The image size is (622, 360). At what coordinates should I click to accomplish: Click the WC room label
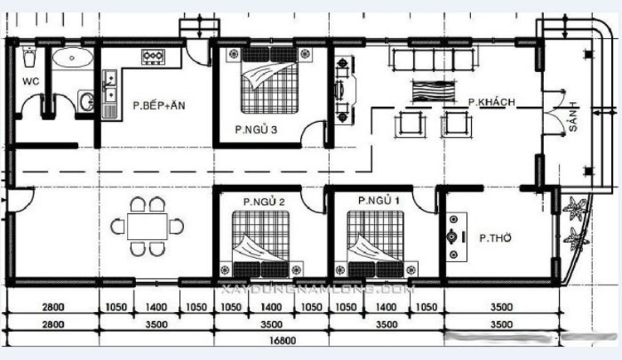pos(31,81)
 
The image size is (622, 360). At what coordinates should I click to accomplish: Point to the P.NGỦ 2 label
pos(264,202)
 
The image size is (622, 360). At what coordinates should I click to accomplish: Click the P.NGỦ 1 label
pos(378,201)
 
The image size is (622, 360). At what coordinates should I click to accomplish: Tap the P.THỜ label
pos(495,238)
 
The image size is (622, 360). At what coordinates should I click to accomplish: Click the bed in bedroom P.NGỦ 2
pos(260,240)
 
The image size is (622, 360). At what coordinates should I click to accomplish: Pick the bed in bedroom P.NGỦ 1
pos(376,240)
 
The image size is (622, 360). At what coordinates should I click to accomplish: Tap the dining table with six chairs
pos(148,226)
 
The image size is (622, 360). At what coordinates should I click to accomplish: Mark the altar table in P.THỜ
pos(453,237)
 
